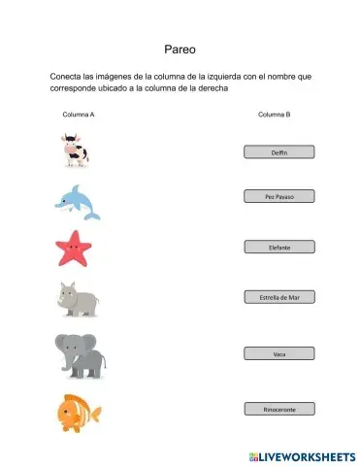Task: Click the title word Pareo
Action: click(x=180, y=46)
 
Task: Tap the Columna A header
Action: click(x=79, y=115)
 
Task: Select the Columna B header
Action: click(x=274, y=115)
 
